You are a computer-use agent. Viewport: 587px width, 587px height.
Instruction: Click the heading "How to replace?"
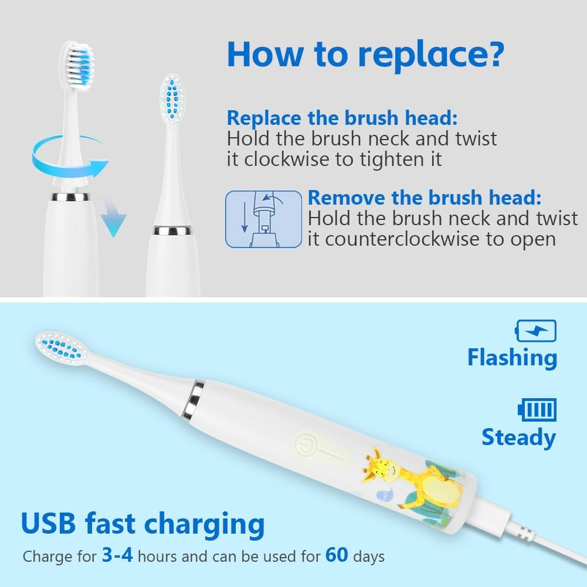pyautogui.click(x=366, y=55)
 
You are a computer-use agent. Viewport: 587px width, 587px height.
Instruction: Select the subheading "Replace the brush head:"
pyautogui.click(x=342, y=118)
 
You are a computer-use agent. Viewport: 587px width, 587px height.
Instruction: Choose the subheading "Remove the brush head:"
pyautogui.click(x=425, y=198)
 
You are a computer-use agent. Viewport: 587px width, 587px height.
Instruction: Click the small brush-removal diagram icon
pyautogui.click(x=263, y=219)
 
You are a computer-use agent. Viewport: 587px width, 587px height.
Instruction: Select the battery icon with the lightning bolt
pyautogui.click(x=536, y=331)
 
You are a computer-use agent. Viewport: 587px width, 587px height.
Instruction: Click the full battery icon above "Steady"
pyautogui.click(x=537, y=409)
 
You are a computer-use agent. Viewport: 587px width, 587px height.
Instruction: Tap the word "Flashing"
pyautogui.click(x=512, y=358)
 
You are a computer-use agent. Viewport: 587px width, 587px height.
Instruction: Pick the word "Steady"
pyautogui.click(x=518, y=437)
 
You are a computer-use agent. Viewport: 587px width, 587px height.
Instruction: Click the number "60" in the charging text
pyautogui.click(x=337, y=555)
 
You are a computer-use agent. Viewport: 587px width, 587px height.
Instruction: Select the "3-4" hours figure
pyautogui.click(x=117, y=555)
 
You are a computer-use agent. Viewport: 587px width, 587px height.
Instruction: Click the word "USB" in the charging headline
pyautogui.click(x=49, y=523)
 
